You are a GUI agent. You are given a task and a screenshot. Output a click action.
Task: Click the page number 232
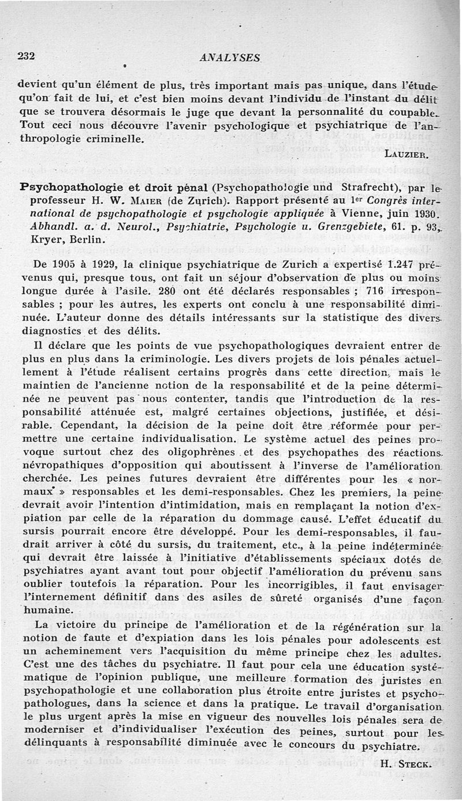[27, 56]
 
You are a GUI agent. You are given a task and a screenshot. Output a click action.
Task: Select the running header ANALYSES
[229, 57]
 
